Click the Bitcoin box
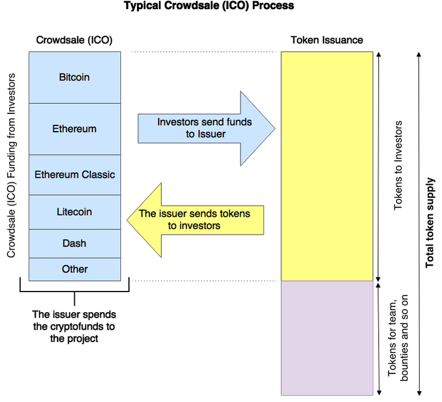pyautogui.click(x=75, y=77)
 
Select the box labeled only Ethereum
pyautogui.click(x=75, y=129)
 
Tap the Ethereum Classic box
pyautogui.click(x=75, y=175)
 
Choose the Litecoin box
pyautogui.click(x=75, y=212)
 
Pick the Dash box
pyautogui.click(x=75, y=243)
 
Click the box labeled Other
pyautogui.click(x=75, y=269)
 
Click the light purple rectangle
pyautogui.click(x=327, y=338)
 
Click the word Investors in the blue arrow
pyautogui.click(x=178, y=122)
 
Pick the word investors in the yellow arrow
pyautogui.click(x=200, y=225)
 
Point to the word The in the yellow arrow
pyautogui.click(x=147, y=213)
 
